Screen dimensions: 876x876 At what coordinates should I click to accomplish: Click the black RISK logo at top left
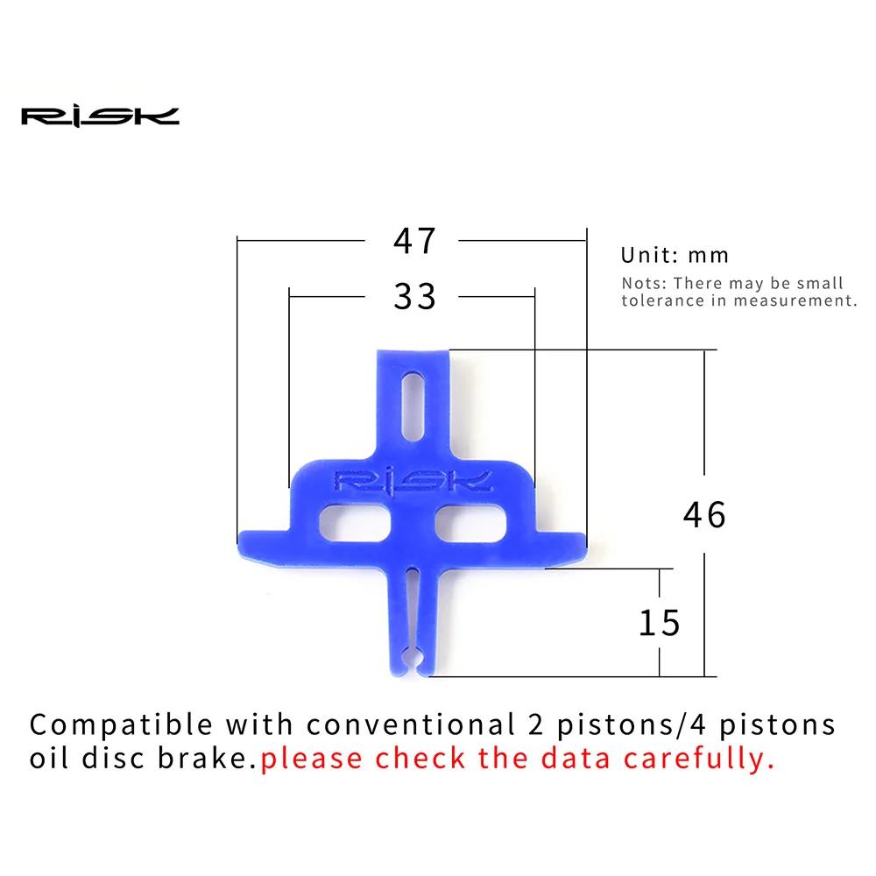tap(100, 117)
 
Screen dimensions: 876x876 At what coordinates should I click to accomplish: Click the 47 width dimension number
tap(414, 241)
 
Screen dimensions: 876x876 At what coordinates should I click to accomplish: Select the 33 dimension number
tap(414, 296)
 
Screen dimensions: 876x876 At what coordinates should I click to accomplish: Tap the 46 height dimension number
tap(704, 514)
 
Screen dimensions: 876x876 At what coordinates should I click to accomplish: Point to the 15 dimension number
tap(660, 623)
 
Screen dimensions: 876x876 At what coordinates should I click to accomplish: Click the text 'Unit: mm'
tap(675, 255)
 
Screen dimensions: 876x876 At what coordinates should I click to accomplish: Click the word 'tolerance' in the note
tap(662, 300)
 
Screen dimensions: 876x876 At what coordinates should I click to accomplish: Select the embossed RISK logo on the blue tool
tap(413, 480)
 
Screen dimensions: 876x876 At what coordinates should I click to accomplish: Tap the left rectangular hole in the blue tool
tap(355, 523)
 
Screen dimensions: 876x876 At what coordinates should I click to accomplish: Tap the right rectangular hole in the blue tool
tap(470, 523)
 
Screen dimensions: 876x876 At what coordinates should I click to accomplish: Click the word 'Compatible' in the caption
tap(121, 725)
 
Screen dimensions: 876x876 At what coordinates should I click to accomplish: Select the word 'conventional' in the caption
tap(411, 724)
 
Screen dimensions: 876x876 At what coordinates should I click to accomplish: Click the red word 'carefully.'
tap(699, 759)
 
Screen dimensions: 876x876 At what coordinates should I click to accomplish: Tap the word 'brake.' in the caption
tap(207, 758)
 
